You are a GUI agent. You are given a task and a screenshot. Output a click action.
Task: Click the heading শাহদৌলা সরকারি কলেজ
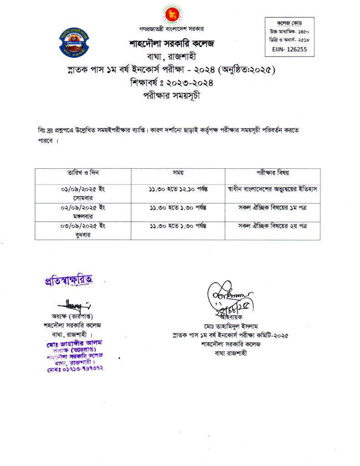pos(171,44)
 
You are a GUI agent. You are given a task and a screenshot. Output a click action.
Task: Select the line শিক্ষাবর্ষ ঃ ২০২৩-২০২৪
pos(172,83)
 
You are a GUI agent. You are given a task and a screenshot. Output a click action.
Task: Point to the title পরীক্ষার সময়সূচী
pos(172,96)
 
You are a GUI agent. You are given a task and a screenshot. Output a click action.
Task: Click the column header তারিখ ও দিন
pos(83,173)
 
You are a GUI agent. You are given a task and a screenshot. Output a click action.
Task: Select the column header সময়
pos(177,173)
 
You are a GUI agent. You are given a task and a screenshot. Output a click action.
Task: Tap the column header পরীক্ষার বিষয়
pos(273,173)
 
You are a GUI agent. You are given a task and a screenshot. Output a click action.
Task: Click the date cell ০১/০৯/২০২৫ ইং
pos(83,189)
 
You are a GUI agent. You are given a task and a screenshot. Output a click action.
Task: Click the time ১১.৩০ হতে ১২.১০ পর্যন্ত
pos(178,189)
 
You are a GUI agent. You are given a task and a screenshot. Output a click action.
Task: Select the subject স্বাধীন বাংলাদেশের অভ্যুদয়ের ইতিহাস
pos(273,189)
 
